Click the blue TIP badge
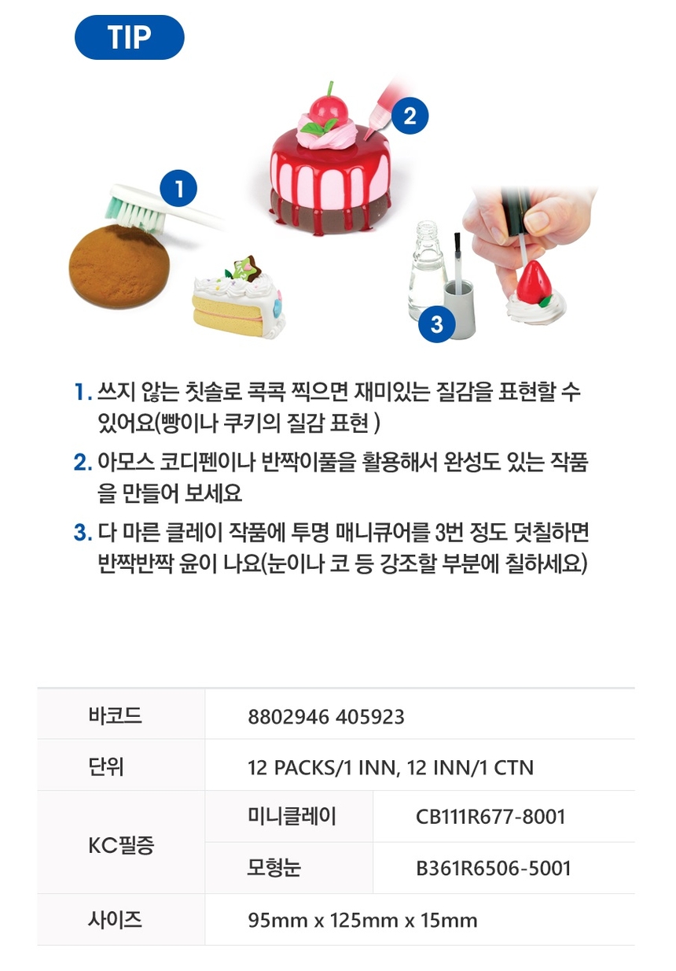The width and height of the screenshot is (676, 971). click(x=130, y=37)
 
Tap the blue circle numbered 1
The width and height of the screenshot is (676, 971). click(x=178, y=189)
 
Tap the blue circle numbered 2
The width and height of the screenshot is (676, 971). click(x=410, y=116)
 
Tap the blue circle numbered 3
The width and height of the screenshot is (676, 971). click(x=436, y=324)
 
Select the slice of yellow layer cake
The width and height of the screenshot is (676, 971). click(x=239, y=300)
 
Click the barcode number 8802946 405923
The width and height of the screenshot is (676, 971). click(x=326, y=717)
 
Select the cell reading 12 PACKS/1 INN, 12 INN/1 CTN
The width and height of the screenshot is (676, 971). click(x=390, y=768)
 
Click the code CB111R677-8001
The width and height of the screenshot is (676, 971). click(x=490, y=817)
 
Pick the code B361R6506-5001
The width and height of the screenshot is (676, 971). click(x=494, y=868)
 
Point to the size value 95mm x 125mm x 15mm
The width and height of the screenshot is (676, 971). click(x=362, y=920)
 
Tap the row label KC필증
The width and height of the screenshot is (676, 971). click(x=121, y=845)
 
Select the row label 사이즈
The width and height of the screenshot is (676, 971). click(x=116, y=919)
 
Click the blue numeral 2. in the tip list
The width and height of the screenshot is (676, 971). click(x=83, y=463)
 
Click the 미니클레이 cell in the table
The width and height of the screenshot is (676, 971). click(x=292, y=816)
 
